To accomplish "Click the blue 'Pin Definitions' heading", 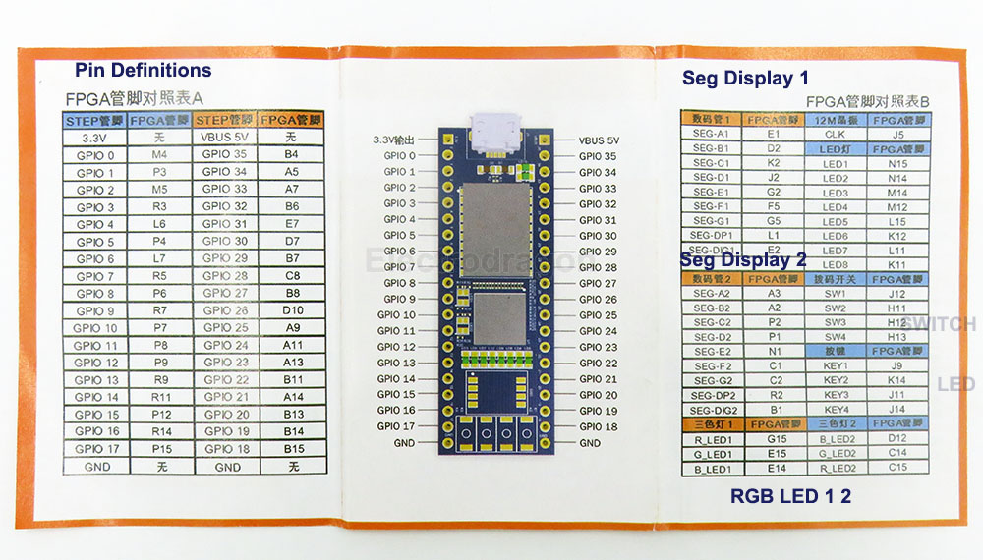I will (x=143, y=70).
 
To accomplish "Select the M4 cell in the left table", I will (x=159, y=155).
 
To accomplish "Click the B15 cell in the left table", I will (x=292, y=449).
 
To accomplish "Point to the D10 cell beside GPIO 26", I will (x=292, y=310).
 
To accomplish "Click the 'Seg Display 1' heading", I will (x=745, y=79).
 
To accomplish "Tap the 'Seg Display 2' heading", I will (x=743, y=261).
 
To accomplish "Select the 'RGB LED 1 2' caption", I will (x=790, y=497).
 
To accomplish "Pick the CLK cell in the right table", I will (x=835, y=134).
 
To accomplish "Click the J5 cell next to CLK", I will (x=897, y=134).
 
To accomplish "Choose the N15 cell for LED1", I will (x=896, y=163).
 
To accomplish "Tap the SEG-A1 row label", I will (x=711, y=134).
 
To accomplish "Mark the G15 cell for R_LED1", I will (x=774, y=439).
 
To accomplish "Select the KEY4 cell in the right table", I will (x=835, y=410).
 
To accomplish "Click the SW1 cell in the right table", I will (x=835, y=294).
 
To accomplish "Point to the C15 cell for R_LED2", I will (x=896, y=468).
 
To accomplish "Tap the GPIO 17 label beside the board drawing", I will (x=396, y=426).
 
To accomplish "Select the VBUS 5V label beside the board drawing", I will (x=600, y=140).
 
